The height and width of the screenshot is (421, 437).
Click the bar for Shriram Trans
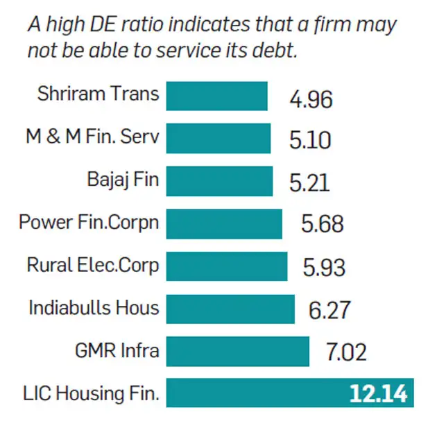point(216,96)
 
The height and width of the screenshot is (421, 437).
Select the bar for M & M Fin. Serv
point(218,139)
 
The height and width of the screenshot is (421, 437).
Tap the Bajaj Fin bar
point(219,181)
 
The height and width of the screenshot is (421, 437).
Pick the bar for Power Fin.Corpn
point(224,223)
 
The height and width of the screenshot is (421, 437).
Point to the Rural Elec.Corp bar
point(227,266)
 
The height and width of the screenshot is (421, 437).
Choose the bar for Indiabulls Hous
point(230,309)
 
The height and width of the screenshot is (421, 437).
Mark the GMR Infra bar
point(237,351)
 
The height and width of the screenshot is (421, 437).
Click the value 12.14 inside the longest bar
point(379,393)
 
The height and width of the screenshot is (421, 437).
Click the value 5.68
point(323,225)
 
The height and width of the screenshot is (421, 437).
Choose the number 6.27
point(329,310)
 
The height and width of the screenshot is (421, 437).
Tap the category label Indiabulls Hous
point(94,308)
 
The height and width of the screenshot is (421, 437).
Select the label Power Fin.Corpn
point(89,223)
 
